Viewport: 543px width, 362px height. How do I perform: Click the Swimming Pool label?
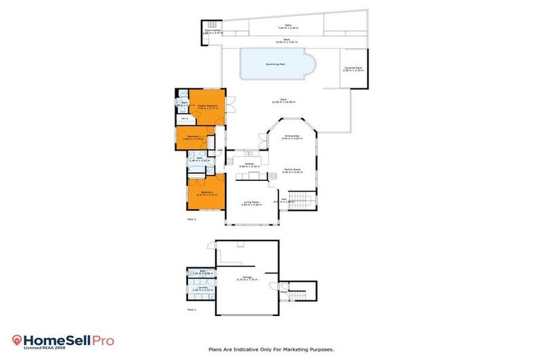point(275,64)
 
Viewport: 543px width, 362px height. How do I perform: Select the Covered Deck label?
point(354,68)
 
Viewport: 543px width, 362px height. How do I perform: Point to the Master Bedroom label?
point(207,105)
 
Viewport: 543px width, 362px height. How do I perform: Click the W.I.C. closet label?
point(184,118)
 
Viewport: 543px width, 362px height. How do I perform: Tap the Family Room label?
point(293,170)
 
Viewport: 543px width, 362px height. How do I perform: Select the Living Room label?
point(248,202)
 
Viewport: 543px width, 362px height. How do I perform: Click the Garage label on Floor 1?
point(247,277)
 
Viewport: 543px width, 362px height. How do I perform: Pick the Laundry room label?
point(202,288)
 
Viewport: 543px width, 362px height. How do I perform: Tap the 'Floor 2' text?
point(191,220)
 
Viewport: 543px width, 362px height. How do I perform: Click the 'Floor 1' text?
point(191,310)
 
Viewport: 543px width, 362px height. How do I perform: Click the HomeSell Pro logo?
point(63,340)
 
